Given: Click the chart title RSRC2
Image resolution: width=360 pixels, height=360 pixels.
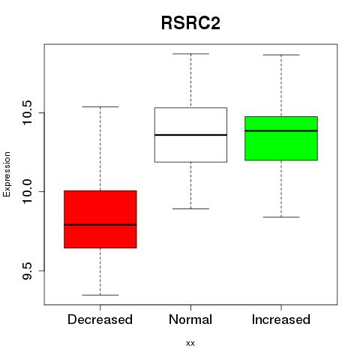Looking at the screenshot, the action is (x=190, y=23).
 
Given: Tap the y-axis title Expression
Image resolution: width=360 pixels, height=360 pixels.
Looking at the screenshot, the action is (x=7, y=174).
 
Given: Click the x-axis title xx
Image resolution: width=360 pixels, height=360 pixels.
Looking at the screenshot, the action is (x=190, y=343).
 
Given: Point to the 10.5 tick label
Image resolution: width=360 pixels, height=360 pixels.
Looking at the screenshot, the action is (x=27, y=112).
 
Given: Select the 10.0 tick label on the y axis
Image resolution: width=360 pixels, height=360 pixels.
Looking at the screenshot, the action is (x=27, y=192).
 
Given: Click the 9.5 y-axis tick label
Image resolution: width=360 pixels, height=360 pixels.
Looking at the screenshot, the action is (x=27, y=271).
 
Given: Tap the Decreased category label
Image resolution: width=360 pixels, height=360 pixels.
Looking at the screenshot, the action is (x=100, y=319).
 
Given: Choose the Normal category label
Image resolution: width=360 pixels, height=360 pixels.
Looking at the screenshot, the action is (x=190, y=319).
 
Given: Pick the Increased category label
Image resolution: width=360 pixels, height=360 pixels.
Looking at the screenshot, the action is (x=281, y=319).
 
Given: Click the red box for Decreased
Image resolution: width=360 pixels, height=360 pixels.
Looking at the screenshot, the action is (x=100, y=219).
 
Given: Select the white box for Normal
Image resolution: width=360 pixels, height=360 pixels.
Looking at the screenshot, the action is (x=190, y=135).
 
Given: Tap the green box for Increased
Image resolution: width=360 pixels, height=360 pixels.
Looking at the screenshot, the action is (x=281, y=138).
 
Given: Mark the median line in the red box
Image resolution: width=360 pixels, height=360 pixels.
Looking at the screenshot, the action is (x=100, y=225).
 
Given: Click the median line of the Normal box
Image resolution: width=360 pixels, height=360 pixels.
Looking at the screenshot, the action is (x=190, y=135).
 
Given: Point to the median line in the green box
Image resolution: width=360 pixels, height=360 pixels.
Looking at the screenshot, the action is (x=281, y=130).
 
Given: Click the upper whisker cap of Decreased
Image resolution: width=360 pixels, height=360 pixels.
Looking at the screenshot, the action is (x=100, y=106).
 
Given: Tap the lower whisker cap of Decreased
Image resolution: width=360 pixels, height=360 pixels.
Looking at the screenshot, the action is (x=100, y=295).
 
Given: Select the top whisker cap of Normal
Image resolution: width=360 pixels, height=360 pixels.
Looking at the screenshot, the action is (x=190, y=54).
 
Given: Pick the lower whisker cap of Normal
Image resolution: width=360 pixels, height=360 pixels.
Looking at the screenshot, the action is (x=190, y=208).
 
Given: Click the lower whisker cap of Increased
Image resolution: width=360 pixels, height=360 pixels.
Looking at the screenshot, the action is (x=281, y=217).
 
